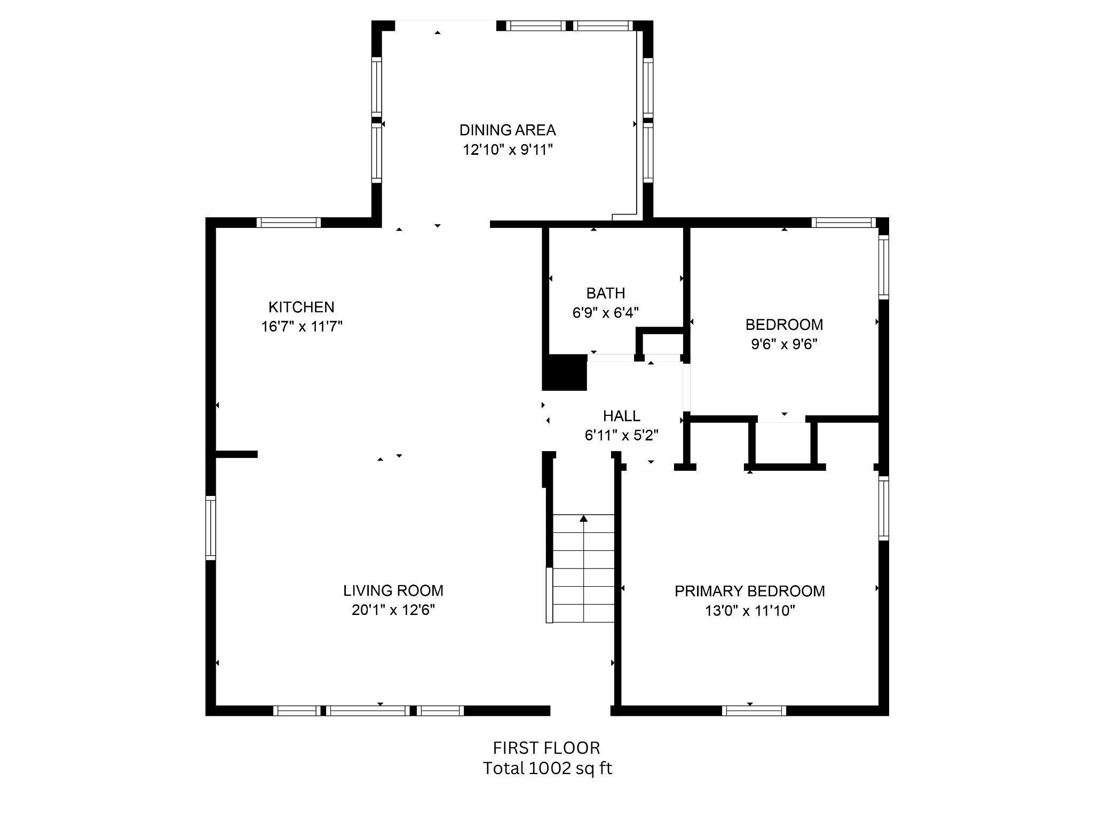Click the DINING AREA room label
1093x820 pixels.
[x=508, y=130]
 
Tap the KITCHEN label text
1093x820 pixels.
[x=302, y=307]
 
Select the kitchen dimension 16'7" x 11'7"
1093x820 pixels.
[x=302, y=326]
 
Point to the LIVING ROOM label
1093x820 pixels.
[x=393, y=590]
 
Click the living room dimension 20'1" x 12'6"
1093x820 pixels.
[x=393, y=610]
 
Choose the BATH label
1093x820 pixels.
[x=606, y=293]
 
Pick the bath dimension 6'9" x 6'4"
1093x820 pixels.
[x=606, y=312]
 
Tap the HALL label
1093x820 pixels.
[x=622, y=416]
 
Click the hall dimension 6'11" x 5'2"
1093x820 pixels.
[x=622, y=436]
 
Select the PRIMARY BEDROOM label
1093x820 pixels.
[x=750, y=591]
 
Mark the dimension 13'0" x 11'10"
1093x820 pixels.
[x=750, y=610]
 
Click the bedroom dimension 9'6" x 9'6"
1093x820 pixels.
[x=785, y=344]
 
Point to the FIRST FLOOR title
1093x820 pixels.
[x=546, y=747]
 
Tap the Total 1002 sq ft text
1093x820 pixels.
[x=548, y=768]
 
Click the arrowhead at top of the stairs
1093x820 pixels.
[x=584, y=518]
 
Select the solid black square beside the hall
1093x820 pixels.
[x=565, y=372]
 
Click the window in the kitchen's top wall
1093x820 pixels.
[x=289, y=223]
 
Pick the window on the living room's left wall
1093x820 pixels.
[x=211, y=528]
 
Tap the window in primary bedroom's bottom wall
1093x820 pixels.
[x=754, y=711]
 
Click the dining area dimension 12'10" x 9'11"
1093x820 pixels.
[x=508, y=149]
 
